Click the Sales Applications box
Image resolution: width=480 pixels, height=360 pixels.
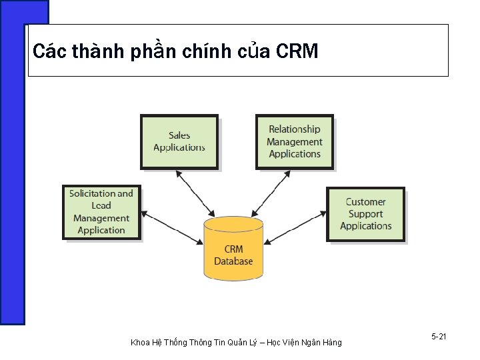point(179,141)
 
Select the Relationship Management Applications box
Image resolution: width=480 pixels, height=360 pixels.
point(294,141)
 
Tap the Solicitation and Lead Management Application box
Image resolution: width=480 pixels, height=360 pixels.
point(101,212)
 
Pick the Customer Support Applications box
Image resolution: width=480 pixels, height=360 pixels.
point(365,214)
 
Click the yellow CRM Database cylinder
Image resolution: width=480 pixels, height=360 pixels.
point(233,248)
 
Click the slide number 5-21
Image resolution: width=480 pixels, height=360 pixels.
point(439,337)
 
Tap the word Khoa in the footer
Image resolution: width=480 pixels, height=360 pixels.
point(140,343)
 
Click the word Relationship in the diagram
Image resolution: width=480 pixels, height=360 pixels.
point(294,129)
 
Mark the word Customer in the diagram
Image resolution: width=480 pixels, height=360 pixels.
point(365,202)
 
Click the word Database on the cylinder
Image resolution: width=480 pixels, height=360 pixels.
point(233,261)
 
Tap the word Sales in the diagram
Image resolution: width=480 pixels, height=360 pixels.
point(179,135)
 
